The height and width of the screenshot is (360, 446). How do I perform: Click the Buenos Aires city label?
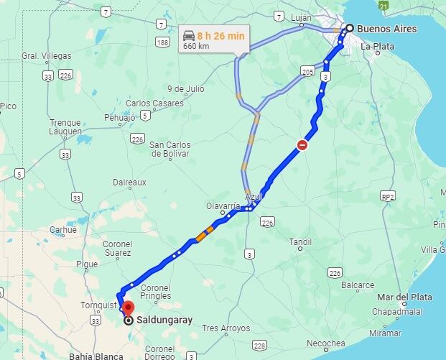(388, 29)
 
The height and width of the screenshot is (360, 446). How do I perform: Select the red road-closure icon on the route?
(303, 145)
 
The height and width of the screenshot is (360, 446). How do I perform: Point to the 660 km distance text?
(195, 46)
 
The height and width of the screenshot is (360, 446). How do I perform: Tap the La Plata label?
(377, 47)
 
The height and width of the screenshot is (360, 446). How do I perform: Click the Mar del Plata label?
(406, 297)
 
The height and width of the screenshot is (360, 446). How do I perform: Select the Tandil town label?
(300, 242)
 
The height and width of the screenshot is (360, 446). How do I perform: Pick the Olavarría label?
(223, 206)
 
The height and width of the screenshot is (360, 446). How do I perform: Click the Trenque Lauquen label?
(65, 127)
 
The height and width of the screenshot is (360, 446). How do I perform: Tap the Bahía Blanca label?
(96, 356)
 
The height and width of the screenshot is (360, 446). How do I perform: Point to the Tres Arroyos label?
(226, 328)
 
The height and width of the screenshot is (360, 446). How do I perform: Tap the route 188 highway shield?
(163, 43)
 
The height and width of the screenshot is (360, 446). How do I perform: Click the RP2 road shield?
(389, 196)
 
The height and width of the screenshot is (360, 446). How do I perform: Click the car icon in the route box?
(189, 35)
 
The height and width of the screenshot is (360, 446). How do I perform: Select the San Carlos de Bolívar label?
(169, 149)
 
